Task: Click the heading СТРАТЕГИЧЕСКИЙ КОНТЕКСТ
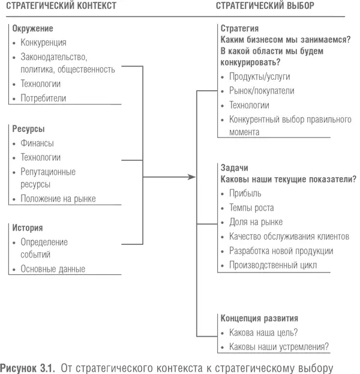click(x=61, y=5)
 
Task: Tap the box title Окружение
click(x=33, y=28)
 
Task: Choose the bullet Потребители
click(x=43, y=98)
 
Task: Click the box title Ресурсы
click(x=29, y=129)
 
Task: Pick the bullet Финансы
click(x=37, y=143)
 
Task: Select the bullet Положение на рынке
click(x=58, y=199)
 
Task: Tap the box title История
click(x=28, y=228)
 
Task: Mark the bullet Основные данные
click(x=53, y=269)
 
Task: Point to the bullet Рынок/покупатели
click(x=262, y=91)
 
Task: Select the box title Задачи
click(x=234, y=168)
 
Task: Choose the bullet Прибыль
click(x=245, y=193)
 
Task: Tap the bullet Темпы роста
click(x=251, y=208)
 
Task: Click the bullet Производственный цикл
click(x=273, y=265)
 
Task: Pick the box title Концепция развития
click(x=260, y=318)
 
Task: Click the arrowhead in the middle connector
click(x=192, y=176)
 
